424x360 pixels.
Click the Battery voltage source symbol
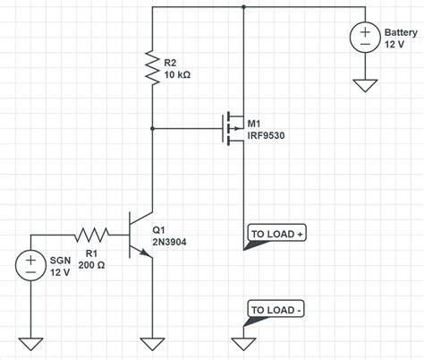364,37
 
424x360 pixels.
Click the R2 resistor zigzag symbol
150,68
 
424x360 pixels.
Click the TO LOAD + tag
276,235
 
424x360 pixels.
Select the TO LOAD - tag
276,311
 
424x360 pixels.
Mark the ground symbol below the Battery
364,86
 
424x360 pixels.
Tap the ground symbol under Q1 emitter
150,342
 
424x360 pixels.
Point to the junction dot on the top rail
243,6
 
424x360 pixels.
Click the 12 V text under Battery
394,43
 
